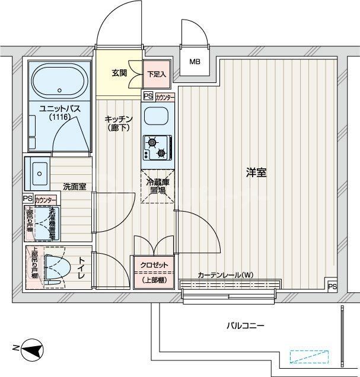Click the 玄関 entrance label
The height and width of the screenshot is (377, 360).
click(119, 74)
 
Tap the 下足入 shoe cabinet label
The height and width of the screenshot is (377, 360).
click(157, 74)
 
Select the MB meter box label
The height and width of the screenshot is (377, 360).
click(195, 61)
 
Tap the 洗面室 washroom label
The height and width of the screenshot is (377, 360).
click(75, 186)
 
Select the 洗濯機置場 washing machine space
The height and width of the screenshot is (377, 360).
click(43, 223)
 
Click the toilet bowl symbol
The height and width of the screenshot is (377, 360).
click(55, 266)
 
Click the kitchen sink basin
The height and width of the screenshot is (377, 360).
click(157, 117)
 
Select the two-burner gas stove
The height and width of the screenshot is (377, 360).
click(157, 148)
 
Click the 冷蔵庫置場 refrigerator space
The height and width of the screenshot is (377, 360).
click(157, 186)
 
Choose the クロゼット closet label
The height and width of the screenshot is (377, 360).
click(154, 265)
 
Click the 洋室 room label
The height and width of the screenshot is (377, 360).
click(256, 173)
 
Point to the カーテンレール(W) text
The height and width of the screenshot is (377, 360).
click(225, 275)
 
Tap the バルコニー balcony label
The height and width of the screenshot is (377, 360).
click(245, 325)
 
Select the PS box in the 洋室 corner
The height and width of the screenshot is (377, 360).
click(332, 286)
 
